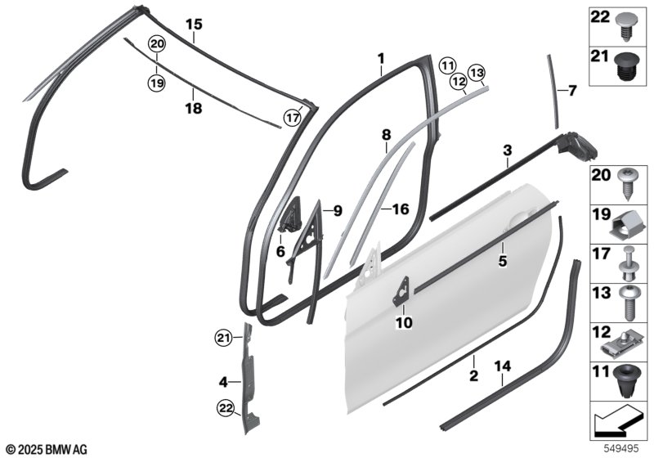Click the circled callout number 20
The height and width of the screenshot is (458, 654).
pos(157,44)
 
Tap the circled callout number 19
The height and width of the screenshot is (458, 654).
pos(157,83)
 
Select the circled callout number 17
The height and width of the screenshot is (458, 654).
pos(293,118)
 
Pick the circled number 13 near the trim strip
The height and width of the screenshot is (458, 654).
pos(477,73)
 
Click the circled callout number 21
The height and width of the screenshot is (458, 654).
pos(223,338)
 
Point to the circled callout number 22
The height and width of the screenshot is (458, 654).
pos(226,409)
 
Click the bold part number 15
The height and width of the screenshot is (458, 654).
pos(194,25)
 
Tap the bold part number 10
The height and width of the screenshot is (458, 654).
pos(404,322)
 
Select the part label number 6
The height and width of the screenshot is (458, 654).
pos(280,251)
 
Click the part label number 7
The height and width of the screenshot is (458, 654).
pos(571,90)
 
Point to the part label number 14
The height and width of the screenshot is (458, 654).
pos(502,366)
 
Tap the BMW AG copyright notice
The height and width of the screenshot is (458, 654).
pos(47,449)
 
